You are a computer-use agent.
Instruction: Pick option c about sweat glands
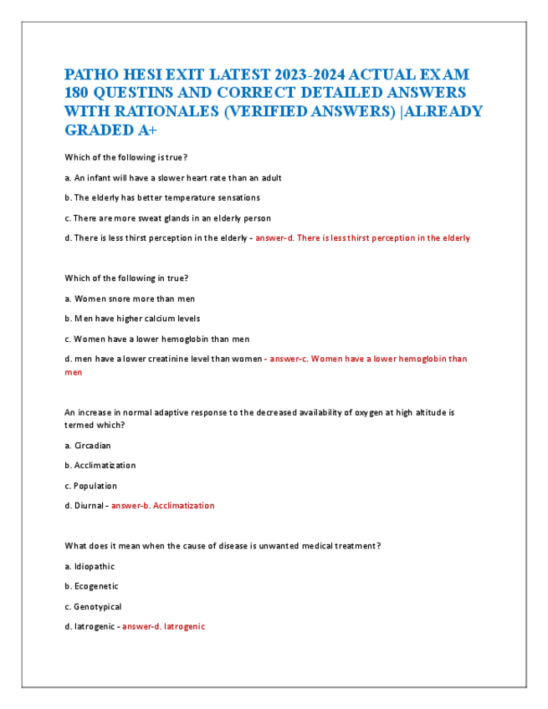point(167,217)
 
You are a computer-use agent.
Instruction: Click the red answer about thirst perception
point(362,238)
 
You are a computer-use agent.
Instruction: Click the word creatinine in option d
point(172,359)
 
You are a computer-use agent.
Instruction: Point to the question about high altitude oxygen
point(259,412)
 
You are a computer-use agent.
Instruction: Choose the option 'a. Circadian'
point(87,446)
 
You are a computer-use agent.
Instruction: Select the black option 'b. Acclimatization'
point(100,465)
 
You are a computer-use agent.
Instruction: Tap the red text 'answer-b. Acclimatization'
point(162,506)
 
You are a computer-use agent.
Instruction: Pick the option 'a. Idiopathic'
point(89,566)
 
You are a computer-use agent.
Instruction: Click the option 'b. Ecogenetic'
point(91,586)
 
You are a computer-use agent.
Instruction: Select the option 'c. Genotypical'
point(93,606)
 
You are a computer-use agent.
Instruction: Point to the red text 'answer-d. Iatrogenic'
point(163,626)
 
